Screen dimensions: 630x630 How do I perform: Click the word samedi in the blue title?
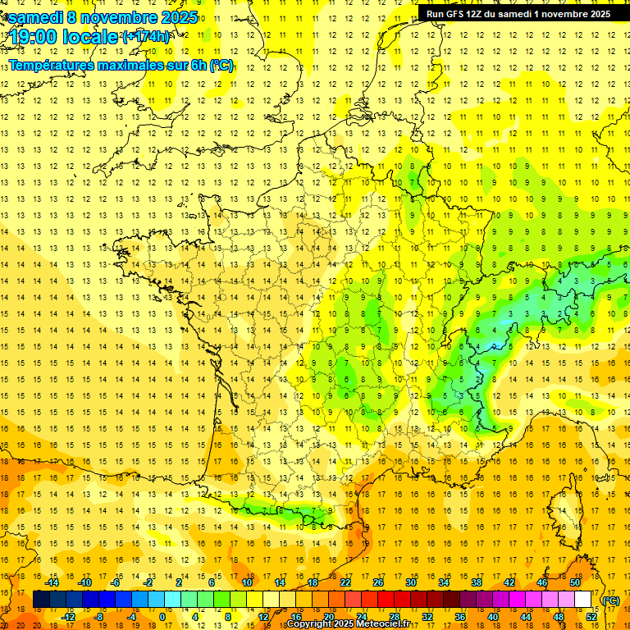tap(37, 17)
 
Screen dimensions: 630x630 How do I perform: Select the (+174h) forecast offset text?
tap(145, 37)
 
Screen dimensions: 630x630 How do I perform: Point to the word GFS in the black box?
tap(459, 14)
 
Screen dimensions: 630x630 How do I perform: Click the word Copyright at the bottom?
tap(310, 624)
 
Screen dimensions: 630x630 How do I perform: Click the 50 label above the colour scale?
tap(575, 582)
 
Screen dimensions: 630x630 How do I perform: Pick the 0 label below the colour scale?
tap(162, 617)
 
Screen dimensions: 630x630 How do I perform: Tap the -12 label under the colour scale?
tap(68, 617)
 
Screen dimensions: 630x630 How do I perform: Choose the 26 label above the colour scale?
tap(378, 582)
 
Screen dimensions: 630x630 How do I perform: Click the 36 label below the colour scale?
tap(460, 617)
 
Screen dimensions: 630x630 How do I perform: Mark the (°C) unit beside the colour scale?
tap(611, 600)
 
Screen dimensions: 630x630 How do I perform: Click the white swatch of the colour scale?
tap(583, 600)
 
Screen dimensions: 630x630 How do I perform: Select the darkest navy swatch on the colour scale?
tap(41, 600)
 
